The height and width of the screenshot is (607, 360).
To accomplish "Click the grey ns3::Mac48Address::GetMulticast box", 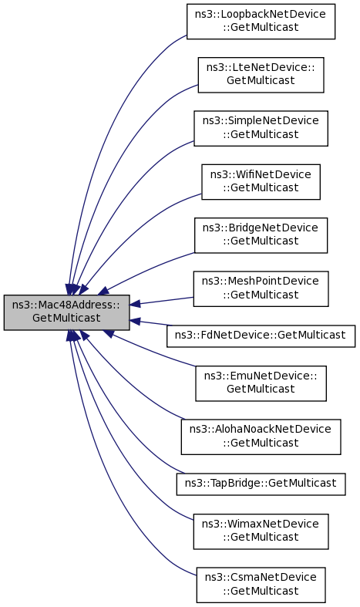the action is click(66, 312).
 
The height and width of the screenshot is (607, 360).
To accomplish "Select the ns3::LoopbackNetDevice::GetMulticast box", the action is click(261, 22).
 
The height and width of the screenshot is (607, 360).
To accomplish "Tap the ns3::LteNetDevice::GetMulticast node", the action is click(261, 75).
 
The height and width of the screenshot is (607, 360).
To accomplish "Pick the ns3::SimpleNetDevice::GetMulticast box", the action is click(261, 128).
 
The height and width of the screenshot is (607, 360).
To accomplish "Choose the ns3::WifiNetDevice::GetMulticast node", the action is click(261, 181).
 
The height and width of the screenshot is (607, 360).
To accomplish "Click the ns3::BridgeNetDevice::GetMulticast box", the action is click(261, 235).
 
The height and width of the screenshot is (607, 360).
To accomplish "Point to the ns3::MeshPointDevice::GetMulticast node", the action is click(261, 288).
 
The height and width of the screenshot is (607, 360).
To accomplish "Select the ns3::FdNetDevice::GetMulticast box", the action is click(261, 336).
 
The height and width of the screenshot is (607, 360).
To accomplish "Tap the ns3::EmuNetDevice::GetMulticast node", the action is click(261, 383).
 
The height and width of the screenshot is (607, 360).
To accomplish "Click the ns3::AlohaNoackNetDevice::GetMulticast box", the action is click(261, 437).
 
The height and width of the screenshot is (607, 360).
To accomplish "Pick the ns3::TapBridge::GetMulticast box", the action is click(261, 484).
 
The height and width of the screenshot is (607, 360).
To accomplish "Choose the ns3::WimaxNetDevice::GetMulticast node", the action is click(261, 531).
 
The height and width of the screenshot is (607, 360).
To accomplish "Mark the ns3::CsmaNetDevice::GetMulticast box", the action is click(261, 585).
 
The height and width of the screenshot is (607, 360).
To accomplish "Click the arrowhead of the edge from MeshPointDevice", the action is click(135, 304).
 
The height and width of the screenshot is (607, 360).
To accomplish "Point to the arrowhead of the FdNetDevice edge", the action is click(135, 321).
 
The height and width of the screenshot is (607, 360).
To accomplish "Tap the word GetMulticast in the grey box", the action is click(66, 318).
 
